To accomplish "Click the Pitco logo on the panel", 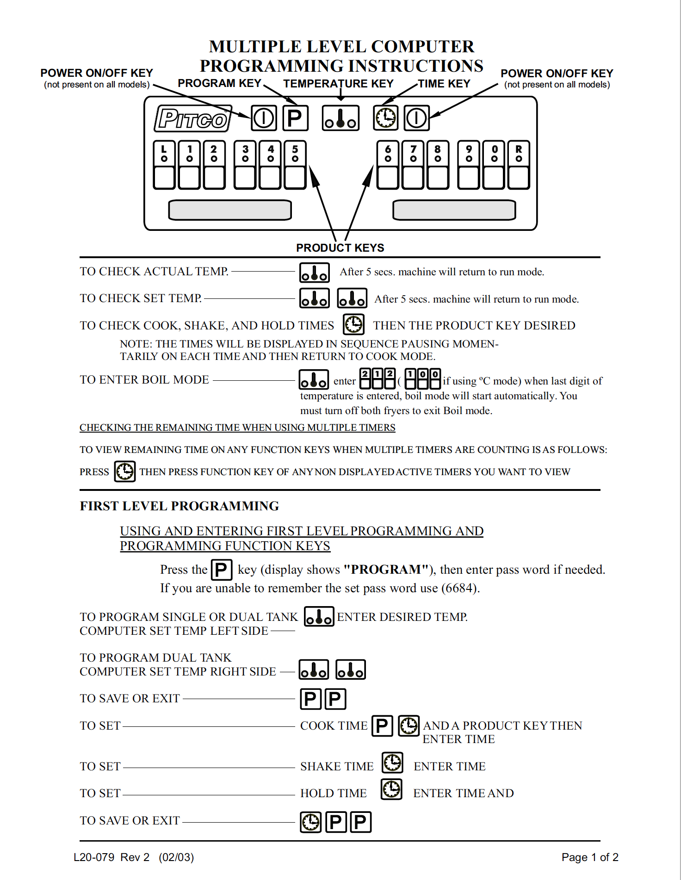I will click(193, 119).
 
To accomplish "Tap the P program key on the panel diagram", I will click(295, 118).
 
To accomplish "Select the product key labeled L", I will click(164, 165).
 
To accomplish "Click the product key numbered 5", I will click(295, 165).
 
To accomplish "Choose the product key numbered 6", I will click(388, 165).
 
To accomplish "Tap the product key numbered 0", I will click(494, 165).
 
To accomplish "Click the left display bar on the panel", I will click(230, 210).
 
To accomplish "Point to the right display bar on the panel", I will click(454, 210).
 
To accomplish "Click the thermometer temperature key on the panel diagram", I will click(340, 118).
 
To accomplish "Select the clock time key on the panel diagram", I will click(385, 118).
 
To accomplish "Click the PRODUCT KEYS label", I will click(340, 248).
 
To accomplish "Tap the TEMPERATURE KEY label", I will click(338, 84).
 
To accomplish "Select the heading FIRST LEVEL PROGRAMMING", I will click(180, 506).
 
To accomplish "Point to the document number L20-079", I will click(94, 857).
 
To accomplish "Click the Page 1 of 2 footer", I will click(590, 857).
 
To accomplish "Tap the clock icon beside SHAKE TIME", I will click(392, 762).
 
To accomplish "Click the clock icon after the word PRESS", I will click(125, 471).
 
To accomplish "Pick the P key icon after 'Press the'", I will click(221, 570).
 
